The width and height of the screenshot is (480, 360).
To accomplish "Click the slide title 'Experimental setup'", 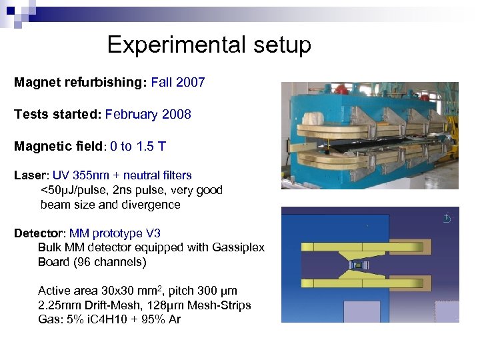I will [209, 45].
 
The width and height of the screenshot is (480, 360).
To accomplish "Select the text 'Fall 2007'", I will [178, 83].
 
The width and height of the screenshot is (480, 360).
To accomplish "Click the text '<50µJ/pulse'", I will [74, 190].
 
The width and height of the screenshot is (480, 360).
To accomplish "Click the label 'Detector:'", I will [39, 233].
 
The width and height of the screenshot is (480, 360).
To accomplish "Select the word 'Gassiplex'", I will [238, 247].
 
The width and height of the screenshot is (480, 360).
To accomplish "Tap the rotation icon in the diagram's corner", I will [447, 218].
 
